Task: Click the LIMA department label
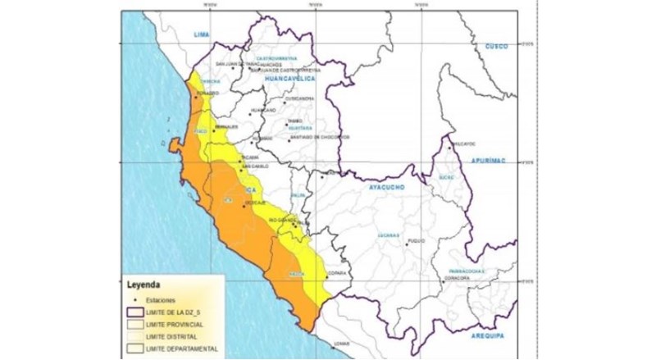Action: coord(202,34)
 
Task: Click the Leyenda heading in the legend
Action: coord(143,287)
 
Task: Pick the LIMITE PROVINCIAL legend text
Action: coord(175,325)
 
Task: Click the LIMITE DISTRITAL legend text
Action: coord(171,337)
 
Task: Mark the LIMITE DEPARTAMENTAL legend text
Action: coord(181,349)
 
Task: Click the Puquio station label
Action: coord(417,242)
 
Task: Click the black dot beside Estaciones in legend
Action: coord(135,301)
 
